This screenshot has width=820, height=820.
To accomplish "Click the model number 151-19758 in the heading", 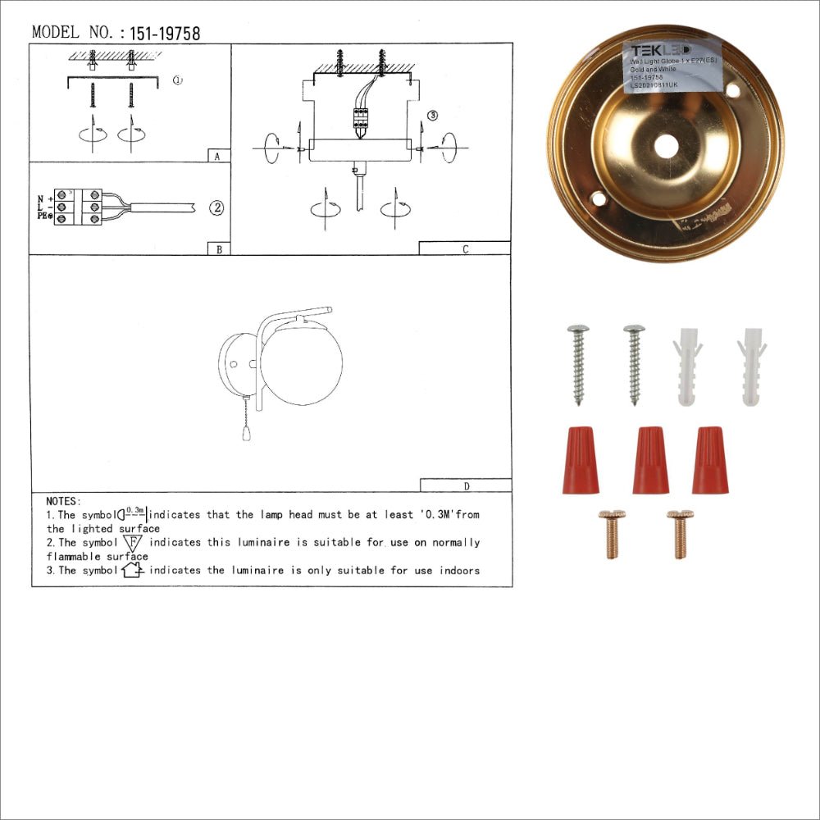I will click(165, 34).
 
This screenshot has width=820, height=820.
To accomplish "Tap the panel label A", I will click(216, 156).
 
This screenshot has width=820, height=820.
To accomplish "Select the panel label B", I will click(218, 248).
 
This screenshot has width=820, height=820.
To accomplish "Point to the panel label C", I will click(465, 248).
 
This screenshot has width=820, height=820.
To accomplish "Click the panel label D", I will click(466, 485).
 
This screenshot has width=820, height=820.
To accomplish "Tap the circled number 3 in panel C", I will click(433, 116).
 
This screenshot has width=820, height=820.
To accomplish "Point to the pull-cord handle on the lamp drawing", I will click(244, 431).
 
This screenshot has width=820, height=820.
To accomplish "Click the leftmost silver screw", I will click(578, 363).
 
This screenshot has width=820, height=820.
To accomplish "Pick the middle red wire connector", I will click(650, 460).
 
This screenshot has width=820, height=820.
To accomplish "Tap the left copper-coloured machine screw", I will click(611, 534).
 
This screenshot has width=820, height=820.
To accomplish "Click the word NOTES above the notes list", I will click(64, 500).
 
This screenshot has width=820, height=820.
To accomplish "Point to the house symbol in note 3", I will click(132, 570).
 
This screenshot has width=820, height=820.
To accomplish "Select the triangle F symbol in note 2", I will click(132, 543).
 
